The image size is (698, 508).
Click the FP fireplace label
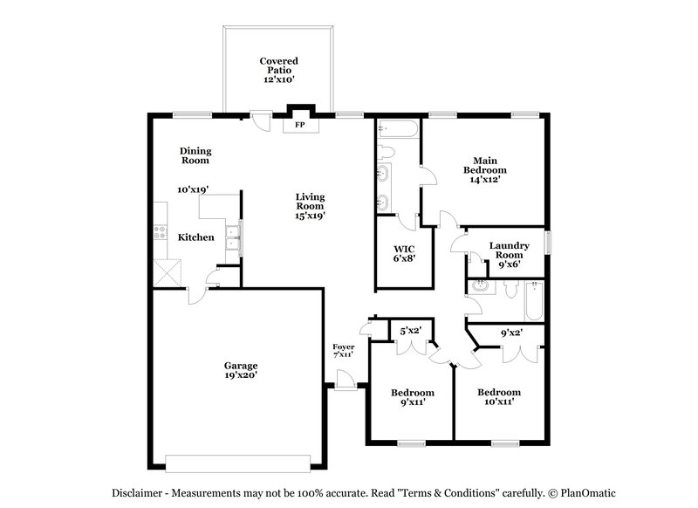tap(299, 126)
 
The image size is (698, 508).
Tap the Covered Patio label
tap(278, 70)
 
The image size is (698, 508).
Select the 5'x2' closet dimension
tap(410, 331)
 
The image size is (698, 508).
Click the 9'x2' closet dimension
tap(510, 333)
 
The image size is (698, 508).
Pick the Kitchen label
tap(195, 237)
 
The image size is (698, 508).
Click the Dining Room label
tap(195, 155)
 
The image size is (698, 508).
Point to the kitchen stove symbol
tap(161, 232)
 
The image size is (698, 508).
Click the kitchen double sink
tap(231, 234)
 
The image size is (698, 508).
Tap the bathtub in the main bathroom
tap(400, 132)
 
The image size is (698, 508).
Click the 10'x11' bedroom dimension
tap(499, 402)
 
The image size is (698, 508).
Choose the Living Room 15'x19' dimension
tap(310, 216)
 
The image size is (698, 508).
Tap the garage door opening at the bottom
tap(238, 462)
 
